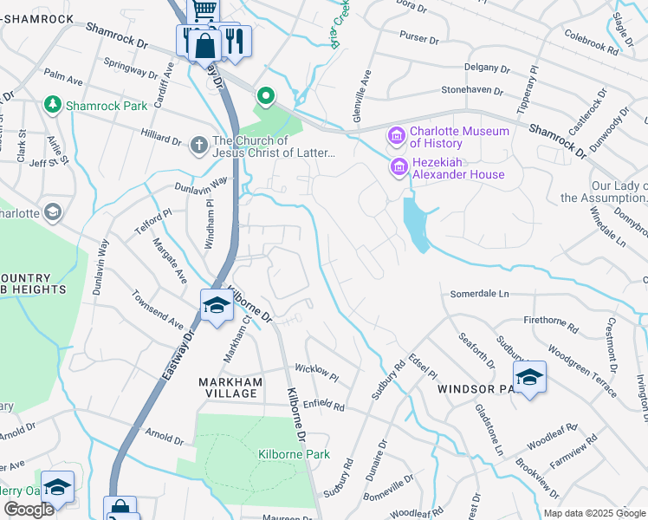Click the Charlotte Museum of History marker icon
click(397, 135)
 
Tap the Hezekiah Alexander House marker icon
click(399, 166)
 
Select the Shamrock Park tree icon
click(53, 105)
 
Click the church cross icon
click(198, 146)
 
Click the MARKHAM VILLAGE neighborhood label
click(229, 387)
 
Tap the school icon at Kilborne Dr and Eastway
click(216, 305)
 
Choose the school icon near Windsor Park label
click(529, 377)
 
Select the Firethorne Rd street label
click(549, 323)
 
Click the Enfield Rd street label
click(323, 405)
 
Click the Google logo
click(29, 510)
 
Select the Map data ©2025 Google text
click(593, 513)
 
